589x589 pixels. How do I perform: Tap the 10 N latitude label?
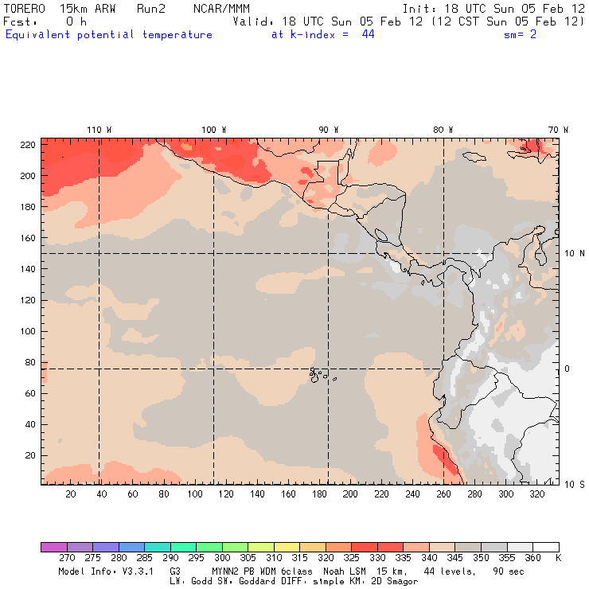coord(575,253)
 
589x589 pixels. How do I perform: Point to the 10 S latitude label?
coord(575,484)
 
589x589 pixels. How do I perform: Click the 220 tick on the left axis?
coord(27,144)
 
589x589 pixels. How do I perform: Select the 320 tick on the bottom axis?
coord(536,494)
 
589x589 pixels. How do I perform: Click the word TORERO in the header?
coord(24,8)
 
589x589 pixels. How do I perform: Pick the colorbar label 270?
coord(66,559)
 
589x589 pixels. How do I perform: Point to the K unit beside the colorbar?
coord(558,559)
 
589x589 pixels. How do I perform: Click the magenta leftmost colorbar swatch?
coord(53,547)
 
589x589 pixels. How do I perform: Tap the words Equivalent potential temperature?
coord(108,35)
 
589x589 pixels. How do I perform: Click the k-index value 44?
coord(368,35)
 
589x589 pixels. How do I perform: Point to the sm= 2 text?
coord(520,35)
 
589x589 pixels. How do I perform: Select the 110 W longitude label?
coord(99,130)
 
